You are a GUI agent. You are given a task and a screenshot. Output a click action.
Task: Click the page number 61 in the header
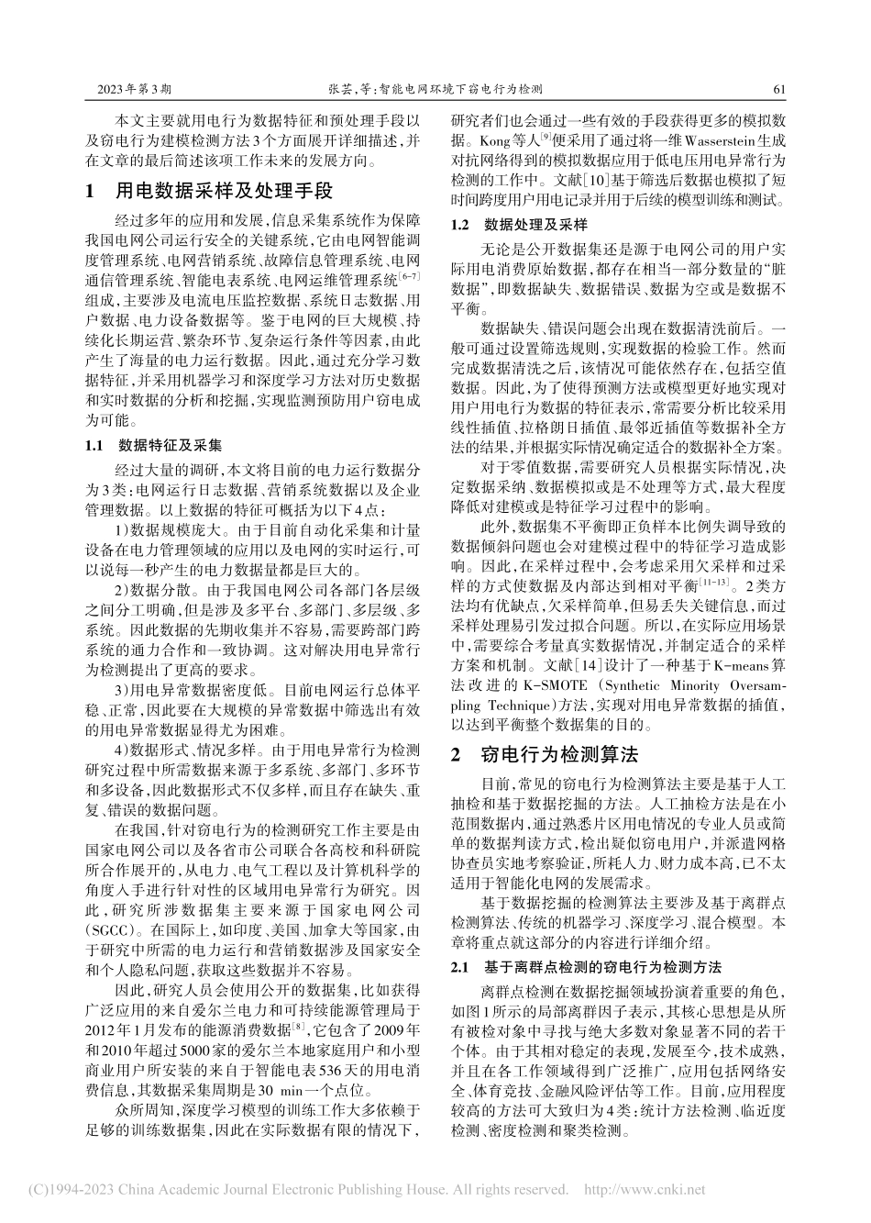pyautogui.click(x=781, y=91)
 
